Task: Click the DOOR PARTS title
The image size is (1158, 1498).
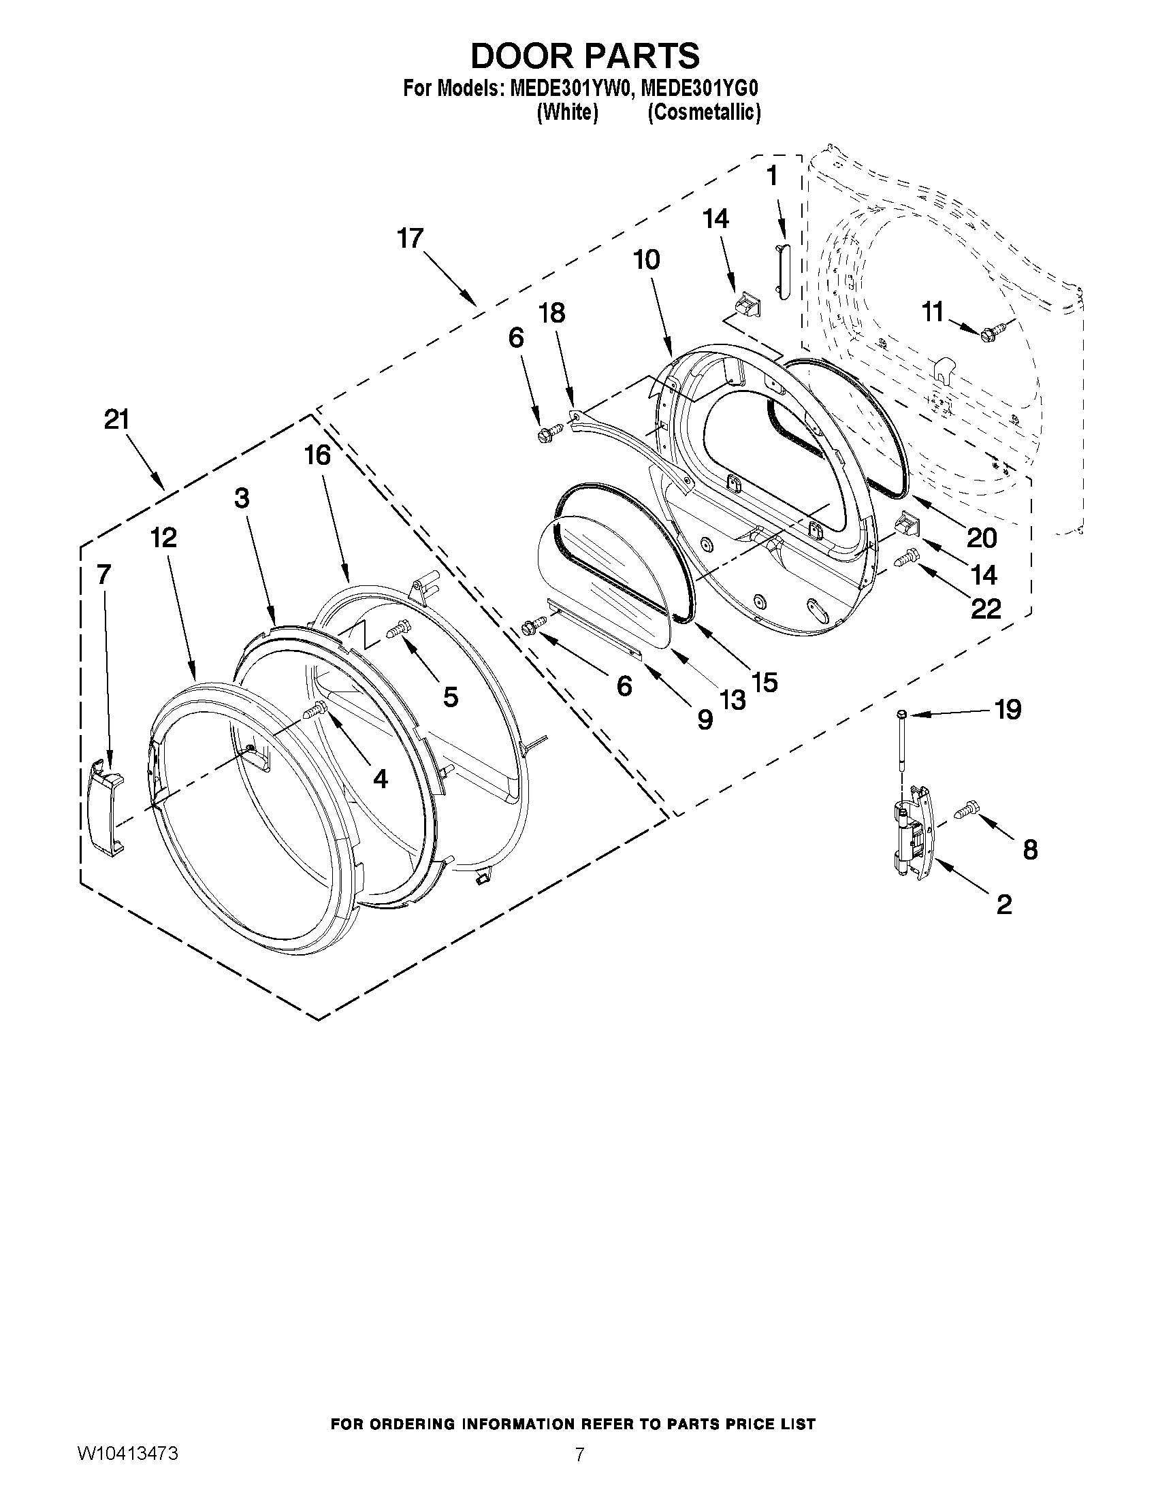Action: click(585, 56)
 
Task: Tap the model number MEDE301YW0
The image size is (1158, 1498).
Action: click(566, 89)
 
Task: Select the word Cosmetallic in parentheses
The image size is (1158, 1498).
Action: click(704, 112)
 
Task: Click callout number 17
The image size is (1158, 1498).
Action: click(411, 239)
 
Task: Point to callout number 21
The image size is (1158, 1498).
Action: click(116, 419)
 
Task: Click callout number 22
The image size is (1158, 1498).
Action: click(986, 608)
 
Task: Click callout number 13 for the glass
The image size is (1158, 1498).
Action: click(732, 699)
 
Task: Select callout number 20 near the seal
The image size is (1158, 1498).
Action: click(982, 538)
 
